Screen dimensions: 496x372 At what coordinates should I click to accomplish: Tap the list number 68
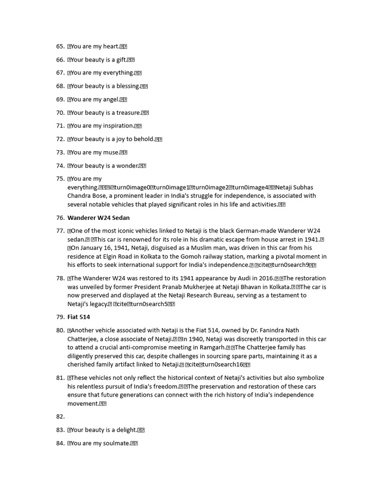click(x=60, y=86)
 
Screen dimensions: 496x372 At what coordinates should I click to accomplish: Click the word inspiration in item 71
click(x=119, y=126)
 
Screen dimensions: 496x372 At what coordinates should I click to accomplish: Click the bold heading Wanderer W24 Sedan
click(x=98, y=218)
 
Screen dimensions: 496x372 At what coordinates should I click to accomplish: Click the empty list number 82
click(x=60, y=417)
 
